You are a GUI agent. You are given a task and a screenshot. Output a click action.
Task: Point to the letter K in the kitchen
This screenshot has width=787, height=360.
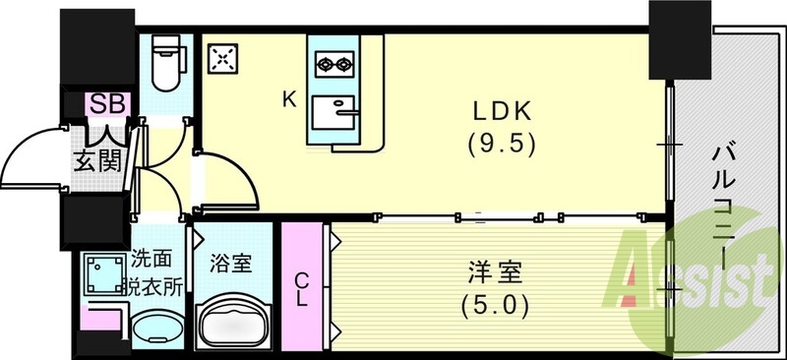pos(289,98)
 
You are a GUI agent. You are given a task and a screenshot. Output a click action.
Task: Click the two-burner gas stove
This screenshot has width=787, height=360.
pos(333,65)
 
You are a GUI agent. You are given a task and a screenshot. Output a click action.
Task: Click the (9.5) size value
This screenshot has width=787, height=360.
pos(501,144)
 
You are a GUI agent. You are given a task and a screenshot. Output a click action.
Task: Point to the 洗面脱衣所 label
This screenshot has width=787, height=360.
pos(155,274)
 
